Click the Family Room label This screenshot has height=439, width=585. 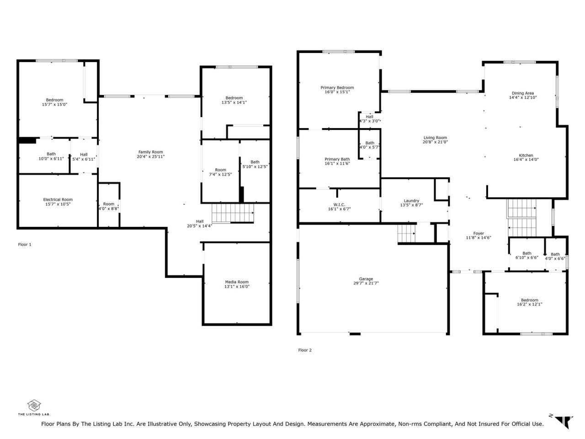click(150, 152)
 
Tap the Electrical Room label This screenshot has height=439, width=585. click(58, 199)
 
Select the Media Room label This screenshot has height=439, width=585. click(237, 282)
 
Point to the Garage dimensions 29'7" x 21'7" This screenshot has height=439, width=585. click(366, 283)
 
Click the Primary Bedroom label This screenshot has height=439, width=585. click(337, 87)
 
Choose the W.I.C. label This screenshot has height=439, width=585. click(339, 204)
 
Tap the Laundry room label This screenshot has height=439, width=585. click(411, 201)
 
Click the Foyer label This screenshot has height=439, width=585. click(479, 233)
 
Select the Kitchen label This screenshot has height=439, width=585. click(526, 155)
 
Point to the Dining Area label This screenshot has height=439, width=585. click(523, 93)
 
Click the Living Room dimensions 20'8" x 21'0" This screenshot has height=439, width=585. click(435, 142)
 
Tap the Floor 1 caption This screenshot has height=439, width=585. click(25, 244)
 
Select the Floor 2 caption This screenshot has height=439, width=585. click(305, 350)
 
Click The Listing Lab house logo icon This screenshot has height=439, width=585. click(34, 406)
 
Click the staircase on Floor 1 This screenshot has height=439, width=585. click(233, 213)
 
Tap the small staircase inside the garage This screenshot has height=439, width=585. click(406, 234)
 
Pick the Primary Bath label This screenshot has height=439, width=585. click(337, 159)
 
